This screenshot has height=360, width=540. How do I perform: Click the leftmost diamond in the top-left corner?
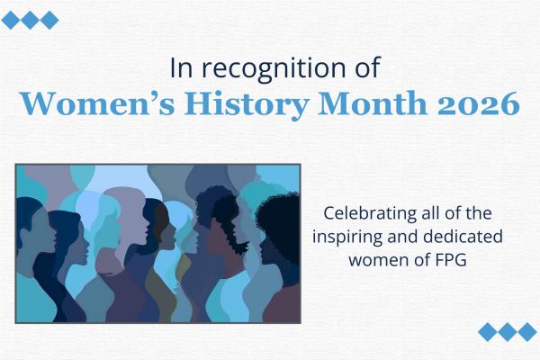point(11,20)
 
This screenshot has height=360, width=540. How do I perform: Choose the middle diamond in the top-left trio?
point(30,20)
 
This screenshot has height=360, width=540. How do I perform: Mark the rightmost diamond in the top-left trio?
point(49,20)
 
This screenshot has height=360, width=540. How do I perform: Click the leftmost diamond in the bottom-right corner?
point(490,331)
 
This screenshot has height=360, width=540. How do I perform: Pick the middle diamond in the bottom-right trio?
point(508,331)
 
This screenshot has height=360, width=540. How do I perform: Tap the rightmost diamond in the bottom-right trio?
point(527,331)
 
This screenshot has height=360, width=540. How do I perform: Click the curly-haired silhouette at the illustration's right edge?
point(279,225)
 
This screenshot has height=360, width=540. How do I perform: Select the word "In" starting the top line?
point(180,68)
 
